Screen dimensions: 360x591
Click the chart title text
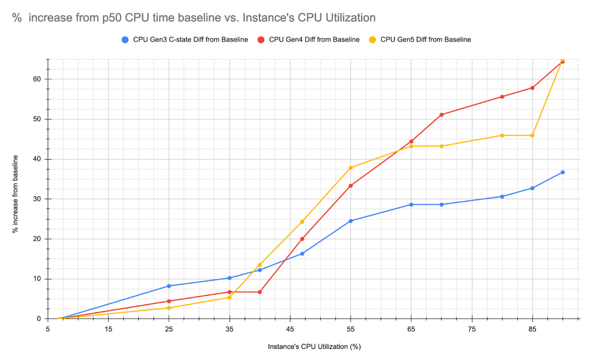click(x=194, y=18)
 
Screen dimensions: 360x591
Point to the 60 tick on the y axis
click(x=37, y=79)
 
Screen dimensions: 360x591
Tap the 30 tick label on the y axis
click(x=37, y=199)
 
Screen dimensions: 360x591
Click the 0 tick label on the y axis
click(x=39, y=319)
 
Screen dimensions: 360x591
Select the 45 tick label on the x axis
click(x=290, y=329)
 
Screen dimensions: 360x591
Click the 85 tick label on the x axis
click(x=532, y=329)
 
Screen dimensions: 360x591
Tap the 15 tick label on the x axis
click(x=108, y=329)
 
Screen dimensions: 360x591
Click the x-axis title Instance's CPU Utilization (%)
click(x=314, y=347)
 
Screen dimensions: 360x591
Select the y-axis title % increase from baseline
click(x=15, y=194)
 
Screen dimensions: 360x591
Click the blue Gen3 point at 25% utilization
click(x=169, y=286)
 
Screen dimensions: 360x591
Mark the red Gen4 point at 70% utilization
click(x=441, y=115)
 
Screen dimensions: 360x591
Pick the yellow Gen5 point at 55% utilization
click(x=351, y=168)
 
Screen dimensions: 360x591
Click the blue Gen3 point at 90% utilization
click(x=563, y=172)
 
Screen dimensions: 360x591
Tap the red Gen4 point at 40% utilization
click(x=260, y=292)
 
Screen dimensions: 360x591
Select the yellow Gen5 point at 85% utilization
click(x=533, y=136)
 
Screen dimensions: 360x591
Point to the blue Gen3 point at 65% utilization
click(x=411, y=204)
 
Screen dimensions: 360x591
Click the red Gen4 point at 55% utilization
click(x=351, y=186)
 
